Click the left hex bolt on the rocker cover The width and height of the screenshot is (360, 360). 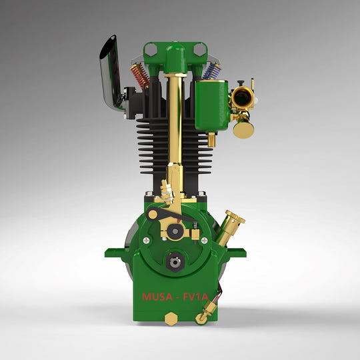[x=151, y=49]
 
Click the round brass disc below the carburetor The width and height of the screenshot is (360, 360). [x=243, y=128]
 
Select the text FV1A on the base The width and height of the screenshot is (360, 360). [x=197, y=297]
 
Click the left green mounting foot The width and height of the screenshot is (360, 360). [x=115, y=253]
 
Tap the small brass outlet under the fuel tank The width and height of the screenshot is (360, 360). [x=211, y=139]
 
